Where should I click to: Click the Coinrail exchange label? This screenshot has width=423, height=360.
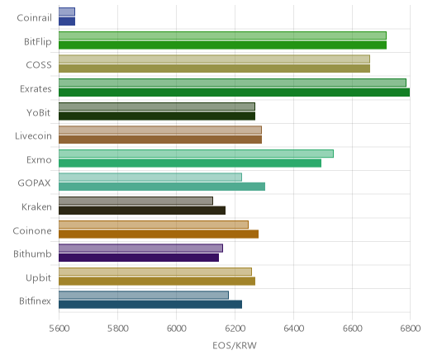(34, 18)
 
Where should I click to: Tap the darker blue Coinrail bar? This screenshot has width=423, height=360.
(67, 21)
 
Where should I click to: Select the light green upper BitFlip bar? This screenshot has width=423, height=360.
(222, 36)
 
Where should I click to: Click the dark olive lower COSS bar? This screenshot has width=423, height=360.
(214, 69)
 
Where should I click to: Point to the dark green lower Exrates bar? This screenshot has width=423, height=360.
(235, 92)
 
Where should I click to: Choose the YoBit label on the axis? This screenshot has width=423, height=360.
(39, 113)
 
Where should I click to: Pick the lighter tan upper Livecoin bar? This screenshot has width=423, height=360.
(160, 130)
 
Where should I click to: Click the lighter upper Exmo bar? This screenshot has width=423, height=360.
(196, 154)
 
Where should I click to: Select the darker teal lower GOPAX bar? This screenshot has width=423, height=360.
(162, 187)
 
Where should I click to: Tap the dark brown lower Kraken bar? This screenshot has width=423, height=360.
(142, 211)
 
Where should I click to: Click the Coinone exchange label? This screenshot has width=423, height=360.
(32, 230)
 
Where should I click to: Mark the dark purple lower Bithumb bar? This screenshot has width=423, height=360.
(139, 258)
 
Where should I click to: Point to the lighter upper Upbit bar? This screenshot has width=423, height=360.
(155, 272)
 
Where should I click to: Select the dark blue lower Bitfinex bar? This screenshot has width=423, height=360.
(150, 305)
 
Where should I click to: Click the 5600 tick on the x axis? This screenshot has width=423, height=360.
(59, 329)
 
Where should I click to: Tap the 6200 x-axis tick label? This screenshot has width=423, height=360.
(235, 329)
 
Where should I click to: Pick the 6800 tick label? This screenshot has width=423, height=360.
(410, 329)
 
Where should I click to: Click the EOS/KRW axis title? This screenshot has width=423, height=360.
(235, 345)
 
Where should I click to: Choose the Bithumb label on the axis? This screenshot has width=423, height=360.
(32, 253)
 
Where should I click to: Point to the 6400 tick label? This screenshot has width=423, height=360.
(293, 329)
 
